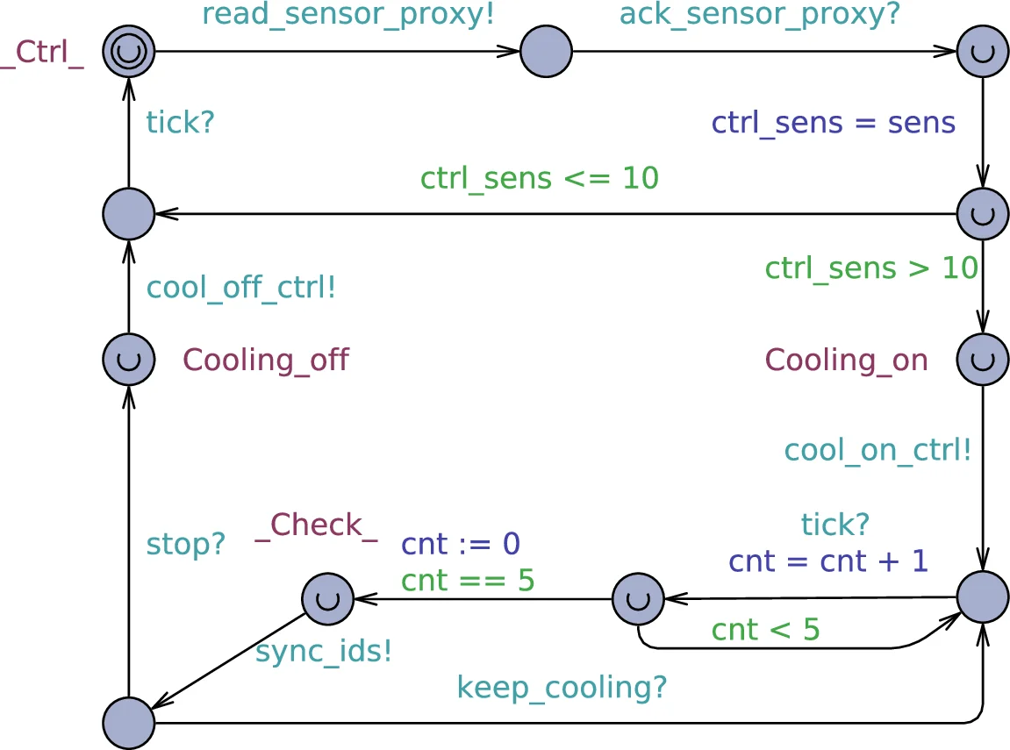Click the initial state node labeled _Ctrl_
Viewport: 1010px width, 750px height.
[x=128, y=52]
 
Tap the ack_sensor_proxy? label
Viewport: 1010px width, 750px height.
[x=760, y=15]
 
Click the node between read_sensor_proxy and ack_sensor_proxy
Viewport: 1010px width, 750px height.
[x=546, y=52]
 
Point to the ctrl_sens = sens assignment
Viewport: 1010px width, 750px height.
[x=833, y=123]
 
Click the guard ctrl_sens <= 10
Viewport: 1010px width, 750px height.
[x=539, y=178]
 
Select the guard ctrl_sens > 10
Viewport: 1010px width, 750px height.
[x=870, y=268]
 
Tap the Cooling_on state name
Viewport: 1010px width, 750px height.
[x=846, y=360]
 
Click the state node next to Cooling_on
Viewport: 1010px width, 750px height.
[x=982, y=359]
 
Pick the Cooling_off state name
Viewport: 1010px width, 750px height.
[x=265, y=360]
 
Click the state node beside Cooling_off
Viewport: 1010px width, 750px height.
[x=128, y=359]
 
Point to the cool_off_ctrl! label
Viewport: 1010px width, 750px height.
[x=241, y=288]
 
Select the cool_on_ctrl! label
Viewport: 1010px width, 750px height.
[x=877, y=450]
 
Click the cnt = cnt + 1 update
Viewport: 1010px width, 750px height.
[x=827, y=561]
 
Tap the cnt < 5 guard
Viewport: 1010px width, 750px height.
[x=764, y=630]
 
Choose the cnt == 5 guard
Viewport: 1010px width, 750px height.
[x=467, y=581]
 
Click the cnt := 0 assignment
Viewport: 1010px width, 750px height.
[x=461, y=545]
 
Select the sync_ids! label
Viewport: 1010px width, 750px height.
[x=323, y=652]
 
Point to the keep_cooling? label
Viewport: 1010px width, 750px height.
[x=562, y=688]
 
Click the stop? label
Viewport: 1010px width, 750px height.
[x=185, y=545]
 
